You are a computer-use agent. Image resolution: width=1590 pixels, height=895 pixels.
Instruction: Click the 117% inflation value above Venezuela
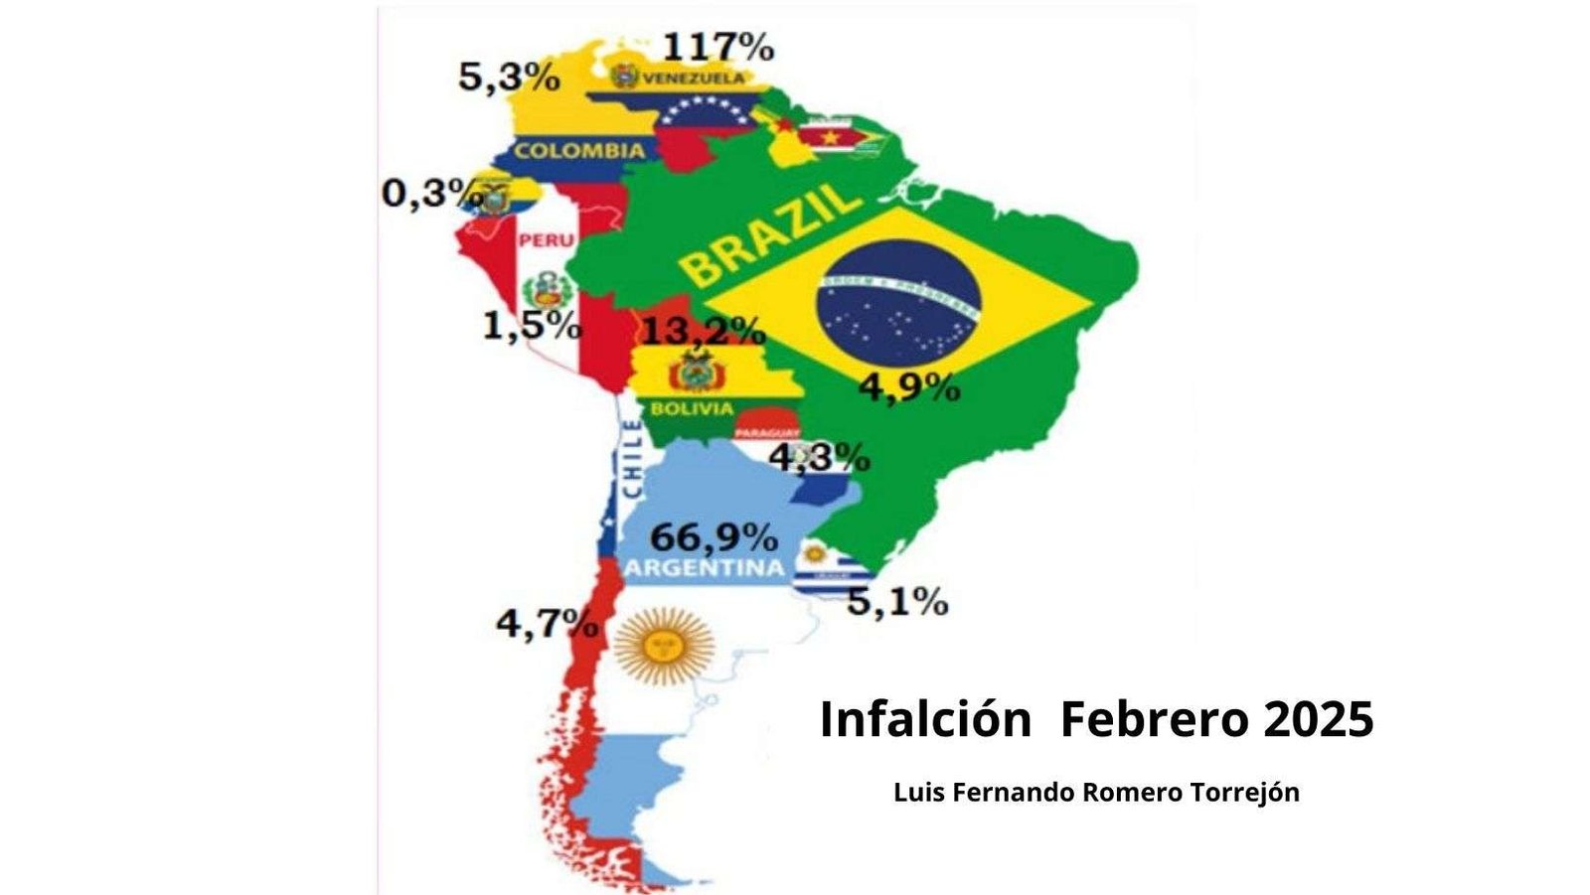(717, 47)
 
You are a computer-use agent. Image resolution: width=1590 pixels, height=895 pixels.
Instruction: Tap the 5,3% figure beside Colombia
(509, 77)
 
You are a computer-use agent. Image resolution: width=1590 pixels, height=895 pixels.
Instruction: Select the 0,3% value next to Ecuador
(425, 193)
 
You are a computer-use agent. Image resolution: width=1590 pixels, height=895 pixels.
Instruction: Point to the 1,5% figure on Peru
(532, 325)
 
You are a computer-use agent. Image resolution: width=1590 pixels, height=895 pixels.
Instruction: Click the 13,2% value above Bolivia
(703, 330)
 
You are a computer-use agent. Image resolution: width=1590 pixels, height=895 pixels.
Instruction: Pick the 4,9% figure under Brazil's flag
(909, 387)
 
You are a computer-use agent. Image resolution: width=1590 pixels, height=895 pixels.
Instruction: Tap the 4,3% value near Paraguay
(821, 458)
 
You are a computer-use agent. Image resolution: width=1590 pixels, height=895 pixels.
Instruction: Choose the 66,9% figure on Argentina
(714, 537)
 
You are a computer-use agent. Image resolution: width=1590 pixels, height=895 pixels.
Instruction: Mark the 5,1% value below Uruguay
(897, 601)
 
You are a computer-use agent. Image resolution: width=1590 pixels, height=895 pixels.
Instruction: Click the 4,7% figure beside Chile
(548, 624)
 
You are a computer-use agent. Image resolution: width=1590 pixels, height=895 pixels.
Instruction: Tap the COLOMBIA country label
(579, 151)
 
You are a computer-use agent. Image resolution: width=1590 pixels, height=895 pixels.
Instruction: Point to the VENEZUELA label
(694, 77)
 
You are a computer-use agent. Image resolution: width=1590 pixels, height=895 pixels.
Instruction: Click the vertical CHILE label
(632, 459)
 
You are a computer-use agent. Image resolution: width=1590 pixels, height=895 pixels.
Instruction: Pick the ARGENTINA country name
(704, 569)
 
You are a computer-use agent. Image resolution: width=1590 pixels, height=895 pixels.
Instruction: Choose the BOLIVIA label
(693, 408)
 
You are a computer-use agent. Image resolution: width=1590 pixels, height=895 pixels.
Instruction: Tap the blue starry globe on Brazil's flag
(898, 300)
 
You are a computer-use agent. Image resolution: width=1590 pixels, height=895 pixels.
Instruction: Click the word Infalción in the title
(925, 719)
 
